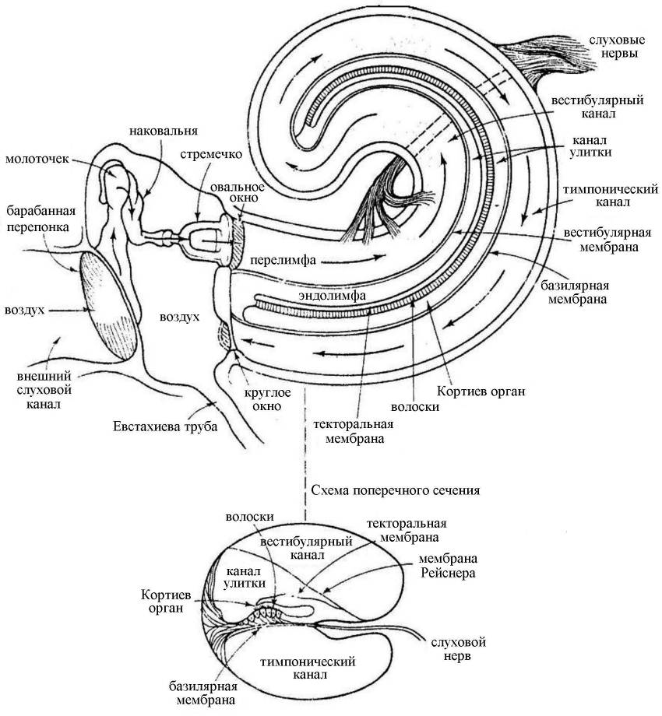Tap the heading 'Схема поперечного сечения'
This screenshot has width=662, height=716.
pyautogui.click(x=394, y=490)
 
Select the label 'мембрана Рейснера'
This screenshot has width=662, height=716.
pyautogui.click(x=448, y=567)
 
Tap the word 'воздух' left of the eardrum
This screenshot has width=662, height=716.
pyautogui.click(x=23, y=309)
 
